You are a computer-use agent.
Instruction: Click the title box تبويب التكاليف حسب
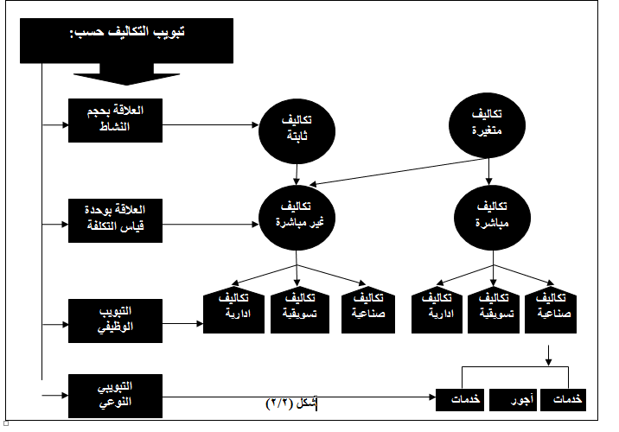point(126,41)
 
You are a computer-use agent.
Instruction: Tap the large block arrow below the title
point(126,73)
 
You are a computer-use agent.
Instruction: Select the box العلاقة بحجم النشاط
point(115,120)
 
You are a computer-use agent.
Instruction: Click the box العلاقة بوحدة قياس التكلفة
point(115,220)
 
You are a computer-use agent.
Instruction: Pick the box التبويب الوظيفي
point(115,321)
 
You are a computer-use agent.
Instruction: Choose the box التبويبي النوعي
point(115,396)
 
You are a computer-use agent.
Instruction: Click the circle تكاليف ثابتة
point(297,131)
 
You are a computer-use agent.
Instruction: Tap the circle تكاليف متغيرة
point(487,125)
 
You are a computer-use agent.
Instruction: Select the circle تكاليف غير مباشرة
point(297,218)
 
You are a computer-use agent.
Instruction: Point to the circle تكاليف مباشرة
point(492,218)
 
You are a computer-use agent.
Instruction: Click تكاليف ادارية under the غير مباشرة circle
point(233,309)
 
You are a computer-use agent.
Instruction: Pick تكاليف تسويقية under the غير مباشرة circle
point(300,309)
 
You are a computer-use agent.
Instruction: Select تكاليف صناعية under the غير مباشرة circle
point(368,309)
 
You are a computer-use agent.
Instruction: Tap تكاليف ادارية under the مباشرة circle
point(437,309)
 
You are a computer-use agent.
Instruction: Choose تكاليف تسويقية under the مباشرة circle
point(494,309)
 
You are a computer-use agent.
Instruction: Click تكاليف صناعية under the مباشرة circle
point(551,309)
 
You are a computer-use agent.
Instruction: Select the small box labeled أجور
point(513,400)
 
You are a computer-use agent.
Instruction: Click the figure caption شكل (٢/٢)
point(291,403)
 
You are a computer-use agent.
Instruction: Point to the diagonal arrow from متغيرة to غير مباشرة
point(398,172)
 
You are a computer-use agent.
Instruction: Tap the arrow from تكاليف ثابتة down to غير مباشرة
point(296,175)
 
